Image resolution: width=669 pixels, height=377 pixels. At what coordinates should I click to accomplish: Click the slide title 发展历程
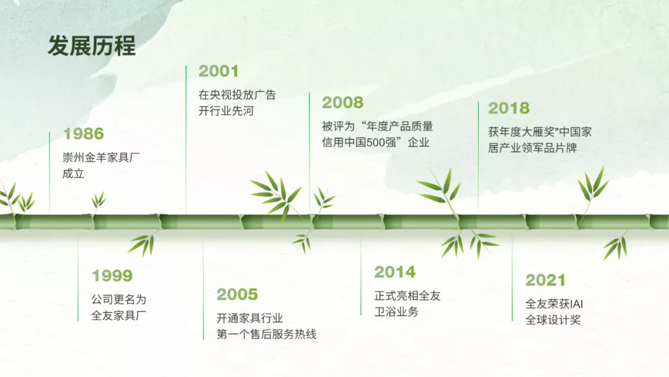pyautogui.click(x=91, y=46)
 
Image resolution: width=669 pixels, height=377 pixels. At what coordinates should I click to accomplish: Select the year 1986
pyautogui.click(x=84, y=134)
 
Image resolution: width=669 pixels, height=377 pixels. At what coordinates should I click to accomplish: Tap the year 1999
pyautogui.click(x=112, y=276)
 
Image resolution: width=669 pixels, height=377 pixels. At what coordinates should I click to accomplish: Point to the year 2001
pyautogui.click(x=219, y=71)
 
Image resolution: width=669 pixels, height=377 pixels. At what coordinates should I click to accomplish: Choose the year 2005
pyautogui.click(x=237, y=295)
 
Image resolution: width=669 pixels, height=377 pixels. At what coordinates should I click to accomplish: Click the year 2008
pyautogui.click(x=343, y=102)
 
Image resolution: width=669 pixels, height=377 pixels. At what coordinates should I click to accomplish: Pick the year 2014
pyautogui.click(x=395, y=272)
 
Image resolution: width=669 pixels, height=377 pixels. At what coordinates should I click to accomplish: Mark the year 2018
pyautogui.click(x=509, y=108)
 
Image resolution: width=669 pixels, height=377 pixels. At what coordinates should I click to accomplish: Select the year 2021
pyautogui.click(x=545, y=280)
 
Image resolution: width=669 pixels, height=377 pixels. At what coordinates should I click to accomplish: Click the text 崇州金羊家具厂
pyautogui.click(x=101, y=157)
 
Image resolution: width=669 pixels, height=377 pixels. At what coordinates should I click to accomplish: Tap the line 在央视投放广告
pyautogui.click(x=237, y=95)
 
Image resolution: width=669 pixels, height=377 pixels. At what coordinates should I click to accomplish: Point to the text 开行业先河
pyautogui.click(x=226, y=111)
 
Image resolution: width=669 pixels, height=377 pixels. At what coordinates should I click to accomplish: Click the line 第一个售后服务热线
pyautogui.click(x=266, y=334)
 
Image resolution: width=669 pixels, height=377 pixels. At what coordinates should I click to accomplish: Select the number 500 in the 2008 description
pyautogui.click(x=375, y=143)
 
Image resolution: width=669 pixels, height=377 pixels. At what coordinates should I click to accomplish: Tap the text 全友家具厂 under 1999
pyautogui.click(x=118, y=316)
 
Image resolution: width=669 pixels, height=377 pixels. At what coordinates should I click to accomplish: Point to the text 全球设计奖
pyautogui.click(x=553, y=320)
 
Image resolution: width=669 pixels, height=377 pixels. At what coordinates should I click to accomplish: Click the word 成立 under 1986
pyautogui.click(x=73, y=174)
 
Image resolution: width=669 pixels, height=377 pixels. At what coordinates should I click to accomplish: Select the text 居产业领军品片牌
pyautogui.click(x=533, y=148)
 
